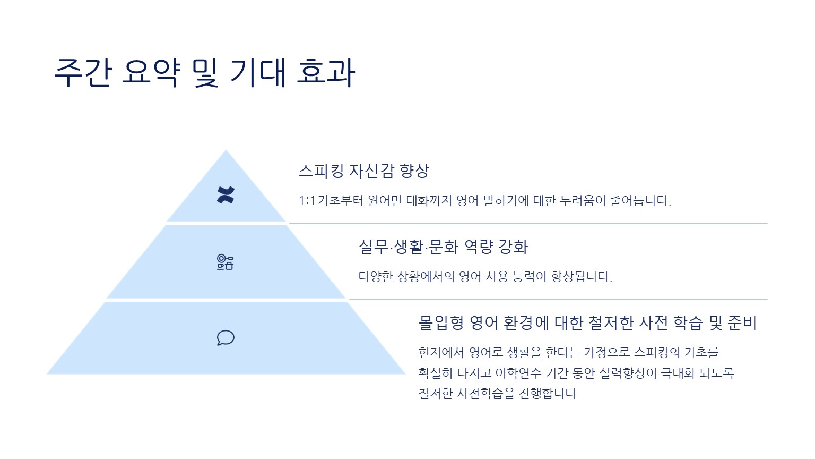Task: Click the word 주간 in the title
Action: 83,72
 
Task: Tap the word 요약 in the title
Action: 151,72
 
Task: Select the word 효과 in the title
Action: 326,72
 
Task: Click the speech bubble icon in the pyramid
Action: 226,338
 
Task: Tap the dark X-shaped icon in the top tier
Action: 226,195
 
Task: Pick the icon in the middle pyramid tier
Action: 225,262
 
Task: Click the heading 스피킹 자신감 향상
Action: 364,171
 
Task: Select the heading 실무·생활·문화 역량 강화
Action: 443,246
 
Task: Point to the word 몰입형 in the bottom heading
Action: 441,323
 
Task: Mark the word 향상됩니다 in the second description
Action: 582,276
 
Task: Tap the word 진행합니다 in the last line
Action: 548,394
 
